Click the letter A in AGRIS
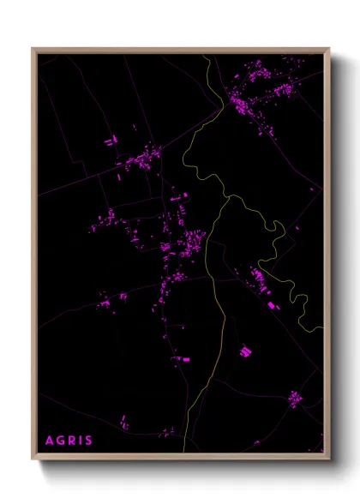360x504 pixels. [x=49, y=441]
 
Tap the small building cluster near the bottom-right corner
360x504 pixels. [x=294, y=398]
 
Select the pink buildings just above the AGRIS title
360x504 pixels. [x=124, y=423]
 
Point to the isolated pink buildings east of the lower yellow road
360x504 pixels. [x=245, y=351]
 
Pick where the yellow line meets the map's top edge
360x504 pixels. [x=206, y=54]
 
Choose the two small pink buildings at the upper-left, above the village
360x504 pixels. [x=110, y=141]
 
